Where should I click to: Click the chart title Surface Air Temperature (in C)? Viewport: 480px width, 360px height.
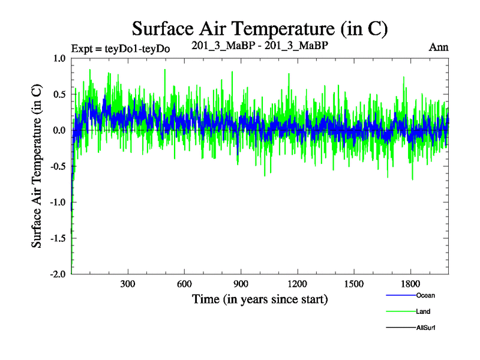tap(260, 28)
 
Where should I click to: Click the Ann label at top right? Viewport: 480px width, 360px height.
tap(439, 47)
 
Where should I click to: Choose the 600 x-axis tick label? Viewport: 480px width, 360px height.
tap(184, 284)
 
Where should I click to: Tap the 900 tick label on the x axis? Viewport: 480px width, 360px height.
tap(241, 284)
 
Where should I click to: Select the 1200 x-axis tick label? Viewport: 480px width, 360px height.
tap(297, 284)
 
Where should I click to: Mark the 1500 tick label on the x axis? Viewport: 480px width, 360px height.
tap(354, 284)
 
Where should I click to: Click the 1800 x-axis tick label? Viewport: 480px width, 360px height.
tap(410, 284)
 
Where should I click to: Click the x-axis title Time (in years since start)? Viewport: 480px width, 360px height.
tap(260, 299)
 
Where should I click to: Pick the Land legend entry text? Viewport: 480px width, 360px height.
tap(423, 311)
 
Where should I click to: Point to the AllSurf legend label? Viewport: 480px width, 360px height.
tap(425, 328)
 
